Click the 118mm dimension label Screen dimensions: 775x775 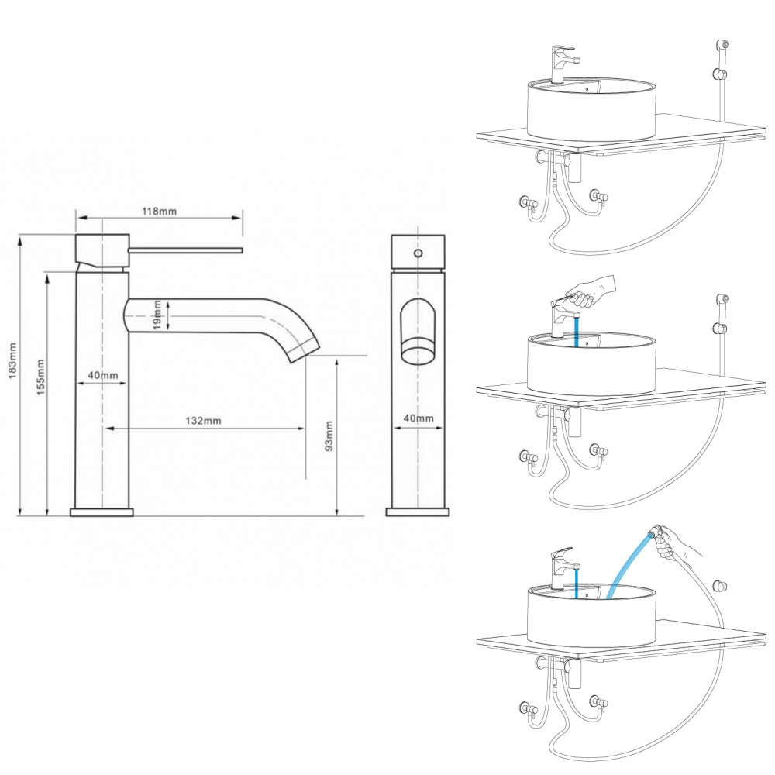click(159, 211)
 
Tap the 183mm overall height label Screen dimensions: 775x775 click(12, 361)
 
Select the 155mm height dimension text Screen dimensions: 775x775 click(40, 377)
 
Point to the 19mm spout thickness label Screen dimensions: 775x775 click(157, 315)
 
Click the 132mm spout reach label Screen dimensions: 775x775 click(203, 421)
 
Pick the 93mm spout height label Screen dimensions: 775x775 click(329, 436)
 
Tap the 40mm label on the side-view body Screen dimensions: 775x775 click(103, 375)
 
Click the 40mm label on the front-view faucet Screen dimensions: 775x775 click(418, 418)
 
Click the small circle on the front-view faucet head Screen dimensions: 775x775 click(418, 253)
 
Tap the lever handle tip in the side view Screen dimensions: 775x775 click(242, 250)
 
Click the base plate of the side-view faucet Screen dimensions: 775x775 click(102, 512)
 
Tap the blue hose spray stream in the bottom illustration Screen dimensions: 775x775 click(629, 564)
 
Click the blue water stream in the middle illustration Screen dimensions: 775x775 click(577, 332)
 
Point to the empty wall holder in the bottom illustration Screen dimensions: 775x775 click(721, 587)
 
